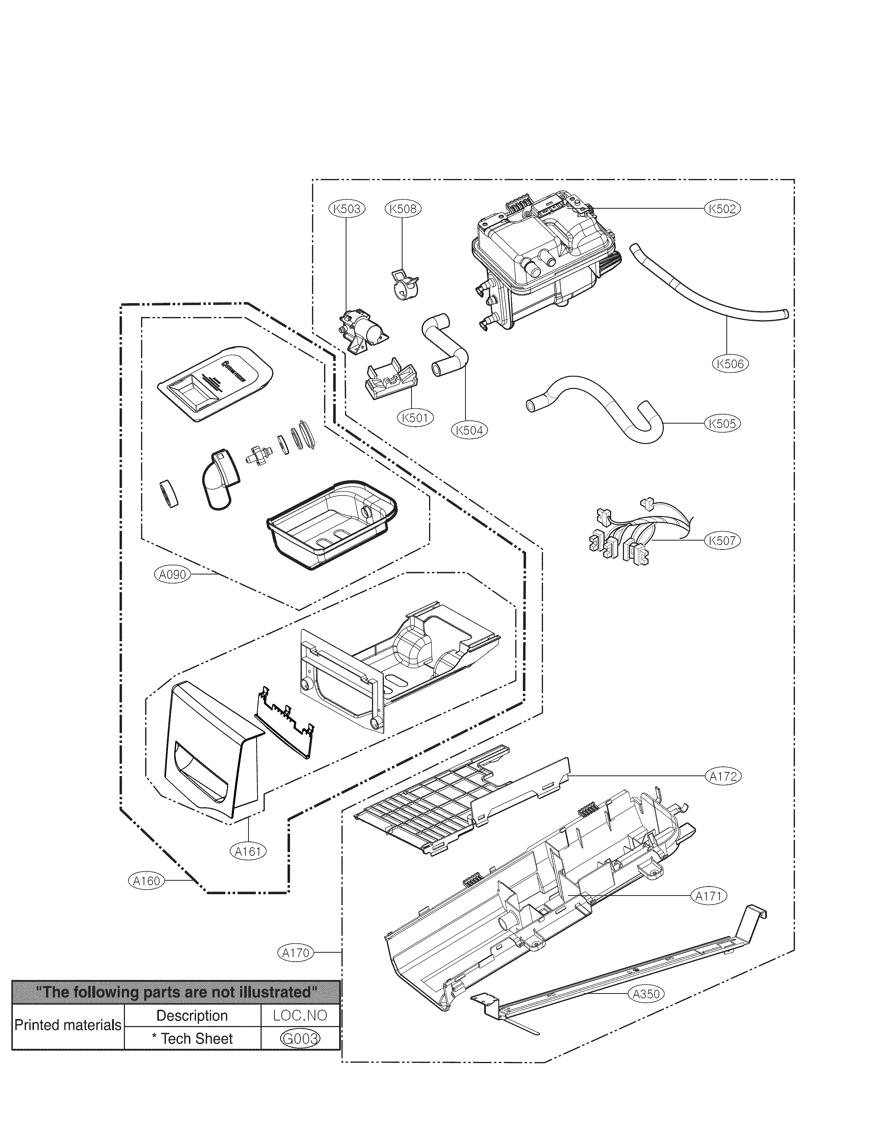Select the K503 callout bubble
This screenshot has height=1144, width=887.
pyautogui.click(x=347, y=208)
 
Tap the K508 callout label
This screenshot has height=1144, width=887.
pyautogui.click(x=403, y=208)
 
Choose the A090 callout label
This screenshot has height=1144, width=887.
pyautogui.click(x=172, y=575)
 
